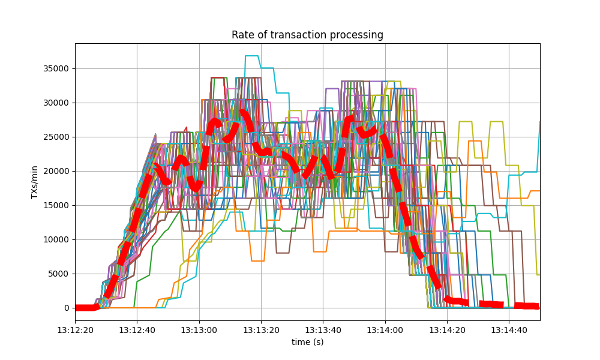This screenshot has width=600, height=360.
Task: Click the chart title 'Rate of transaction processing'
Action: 307,35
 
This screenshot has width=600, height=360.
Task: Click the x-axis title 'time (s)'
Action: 307,341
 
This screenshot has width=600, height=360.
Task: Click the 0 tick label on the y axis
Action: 67,308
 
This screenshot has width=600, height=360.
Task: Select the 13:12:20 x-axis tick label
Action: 75,329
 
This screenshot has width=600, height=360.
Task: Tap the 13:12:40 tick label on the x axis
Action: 137,329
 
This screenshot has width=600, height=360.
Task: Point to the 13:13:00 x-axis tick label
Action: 199,329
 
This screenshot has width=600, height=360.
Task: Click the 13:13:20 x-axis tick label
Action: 261,329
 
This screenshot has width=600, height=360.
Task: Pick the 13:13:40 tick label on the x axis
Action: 323,329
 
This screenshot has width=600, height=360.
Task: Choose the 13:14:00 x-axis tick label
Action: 385,329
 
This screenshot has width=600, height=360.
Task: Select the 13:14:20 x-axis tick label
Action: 447,329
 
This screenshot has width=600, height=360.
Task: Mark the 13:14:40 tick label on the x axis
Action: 509,329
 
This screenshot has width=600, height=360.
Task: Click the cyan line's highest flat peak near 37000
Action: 251,56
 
